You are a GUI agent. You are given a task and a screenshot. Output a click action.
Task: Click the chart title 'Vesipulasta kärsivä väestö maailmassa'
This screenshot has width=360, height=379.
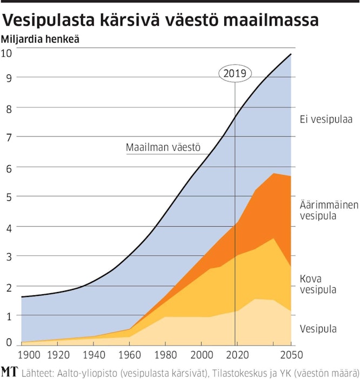click(161, 21)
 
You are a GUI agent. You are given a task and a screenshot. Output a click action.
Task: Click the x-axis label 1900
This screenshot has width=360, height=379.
click(29, 355)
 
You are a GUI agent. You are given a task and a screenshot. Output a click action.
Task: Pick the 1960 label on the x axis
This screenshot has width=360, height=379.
click(129, 355)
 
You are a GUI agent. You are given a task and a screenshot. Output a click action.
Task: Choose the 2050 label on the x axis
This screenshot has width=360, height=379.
click(291, 355)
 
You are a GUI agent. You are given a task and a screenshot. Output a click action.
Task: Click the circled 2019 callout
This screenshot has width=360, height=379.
click(235, 73)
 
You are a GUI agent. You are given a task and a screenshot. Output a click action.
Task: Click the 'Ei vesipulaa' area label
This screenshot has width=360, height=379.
click(326, 120)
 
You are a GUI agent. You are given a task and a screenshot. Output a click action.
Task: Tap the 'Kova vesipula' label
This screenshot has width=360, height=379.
click(318, 284)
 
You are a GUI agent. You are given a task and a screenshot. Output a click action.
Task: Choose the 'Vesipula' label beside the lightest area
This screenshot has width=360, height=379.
click(319, 328)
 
